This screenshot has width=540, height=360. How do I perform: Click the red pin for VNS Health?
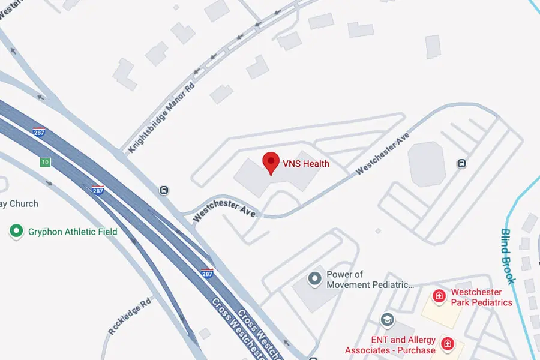pos(271,162)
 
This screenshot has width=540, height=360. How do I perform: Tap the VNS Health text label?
pos(306,163)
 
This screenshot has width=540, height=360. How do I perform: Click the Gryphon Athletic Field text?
pos(73,232)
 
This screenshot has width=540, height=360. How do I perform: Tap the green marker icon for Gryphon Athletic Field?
pos(16,231)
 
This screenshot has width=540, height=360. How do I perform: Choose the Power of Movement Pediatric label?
pos(370,280)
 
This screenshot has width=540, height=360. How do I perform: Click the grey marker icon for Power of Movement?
pos(314,278)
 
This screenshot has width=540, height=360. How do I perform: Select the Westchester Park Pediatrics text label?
pos(481,298)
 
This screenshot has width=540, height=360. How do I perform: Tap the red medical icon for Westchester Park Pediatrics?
pos(440,296)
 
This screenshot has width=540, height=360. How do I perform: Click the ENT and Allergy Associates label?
pos(390,345)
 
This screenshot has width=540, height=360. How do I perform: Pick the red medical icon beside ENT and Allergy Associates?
pos(447,344)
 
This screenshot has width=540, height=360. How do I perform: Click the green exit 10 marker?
pos(45,162)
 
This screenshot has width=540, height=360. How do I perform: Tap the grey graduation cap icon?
pos(387,319)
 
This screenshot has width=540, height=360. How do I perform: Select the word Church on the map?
pos(23,204)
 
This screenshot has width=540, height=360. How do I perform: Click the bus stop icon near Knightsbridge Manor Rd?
pos(163,190)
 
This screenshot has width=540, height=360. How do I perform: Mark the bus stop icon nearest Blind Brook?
pos(461,163)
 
